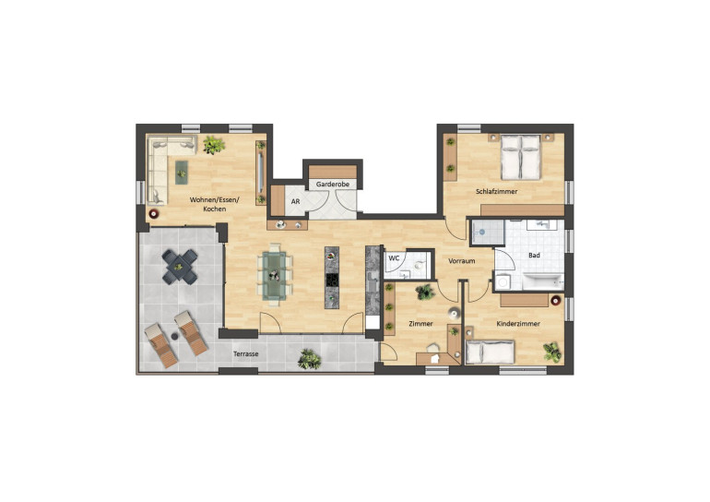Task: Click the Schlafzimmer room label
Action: click(496, 192)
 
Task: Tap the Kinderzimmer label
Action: click(518, 324)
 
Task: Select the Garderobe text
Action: click(332, 185)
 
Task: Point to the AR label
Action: click(296, 201)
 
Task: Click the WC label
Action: click(394, 257)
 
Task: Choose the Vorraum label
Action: click(461, 261)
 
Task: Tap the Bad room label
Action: click(534, 256)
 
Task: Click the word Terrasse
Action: click(246, 353)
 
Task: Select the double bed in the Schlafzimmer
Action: click(521, 157)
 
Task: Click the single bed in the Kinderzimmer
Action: click(490, 353)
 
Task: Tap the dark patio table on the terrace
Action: click(180, 267)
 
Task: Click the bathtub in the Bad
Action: click(543, 281)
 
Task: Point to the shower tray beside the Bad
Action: click(487, 232)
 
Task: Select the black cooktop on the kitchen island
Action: click(332, 280)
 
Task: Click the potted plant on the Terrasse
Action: click(310, 359)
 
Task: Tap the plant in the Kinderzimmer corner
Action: click(552, 352)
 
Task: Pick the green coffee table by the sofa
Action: click(181, 173)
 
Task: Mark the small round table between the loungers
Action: click(174, 336)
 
